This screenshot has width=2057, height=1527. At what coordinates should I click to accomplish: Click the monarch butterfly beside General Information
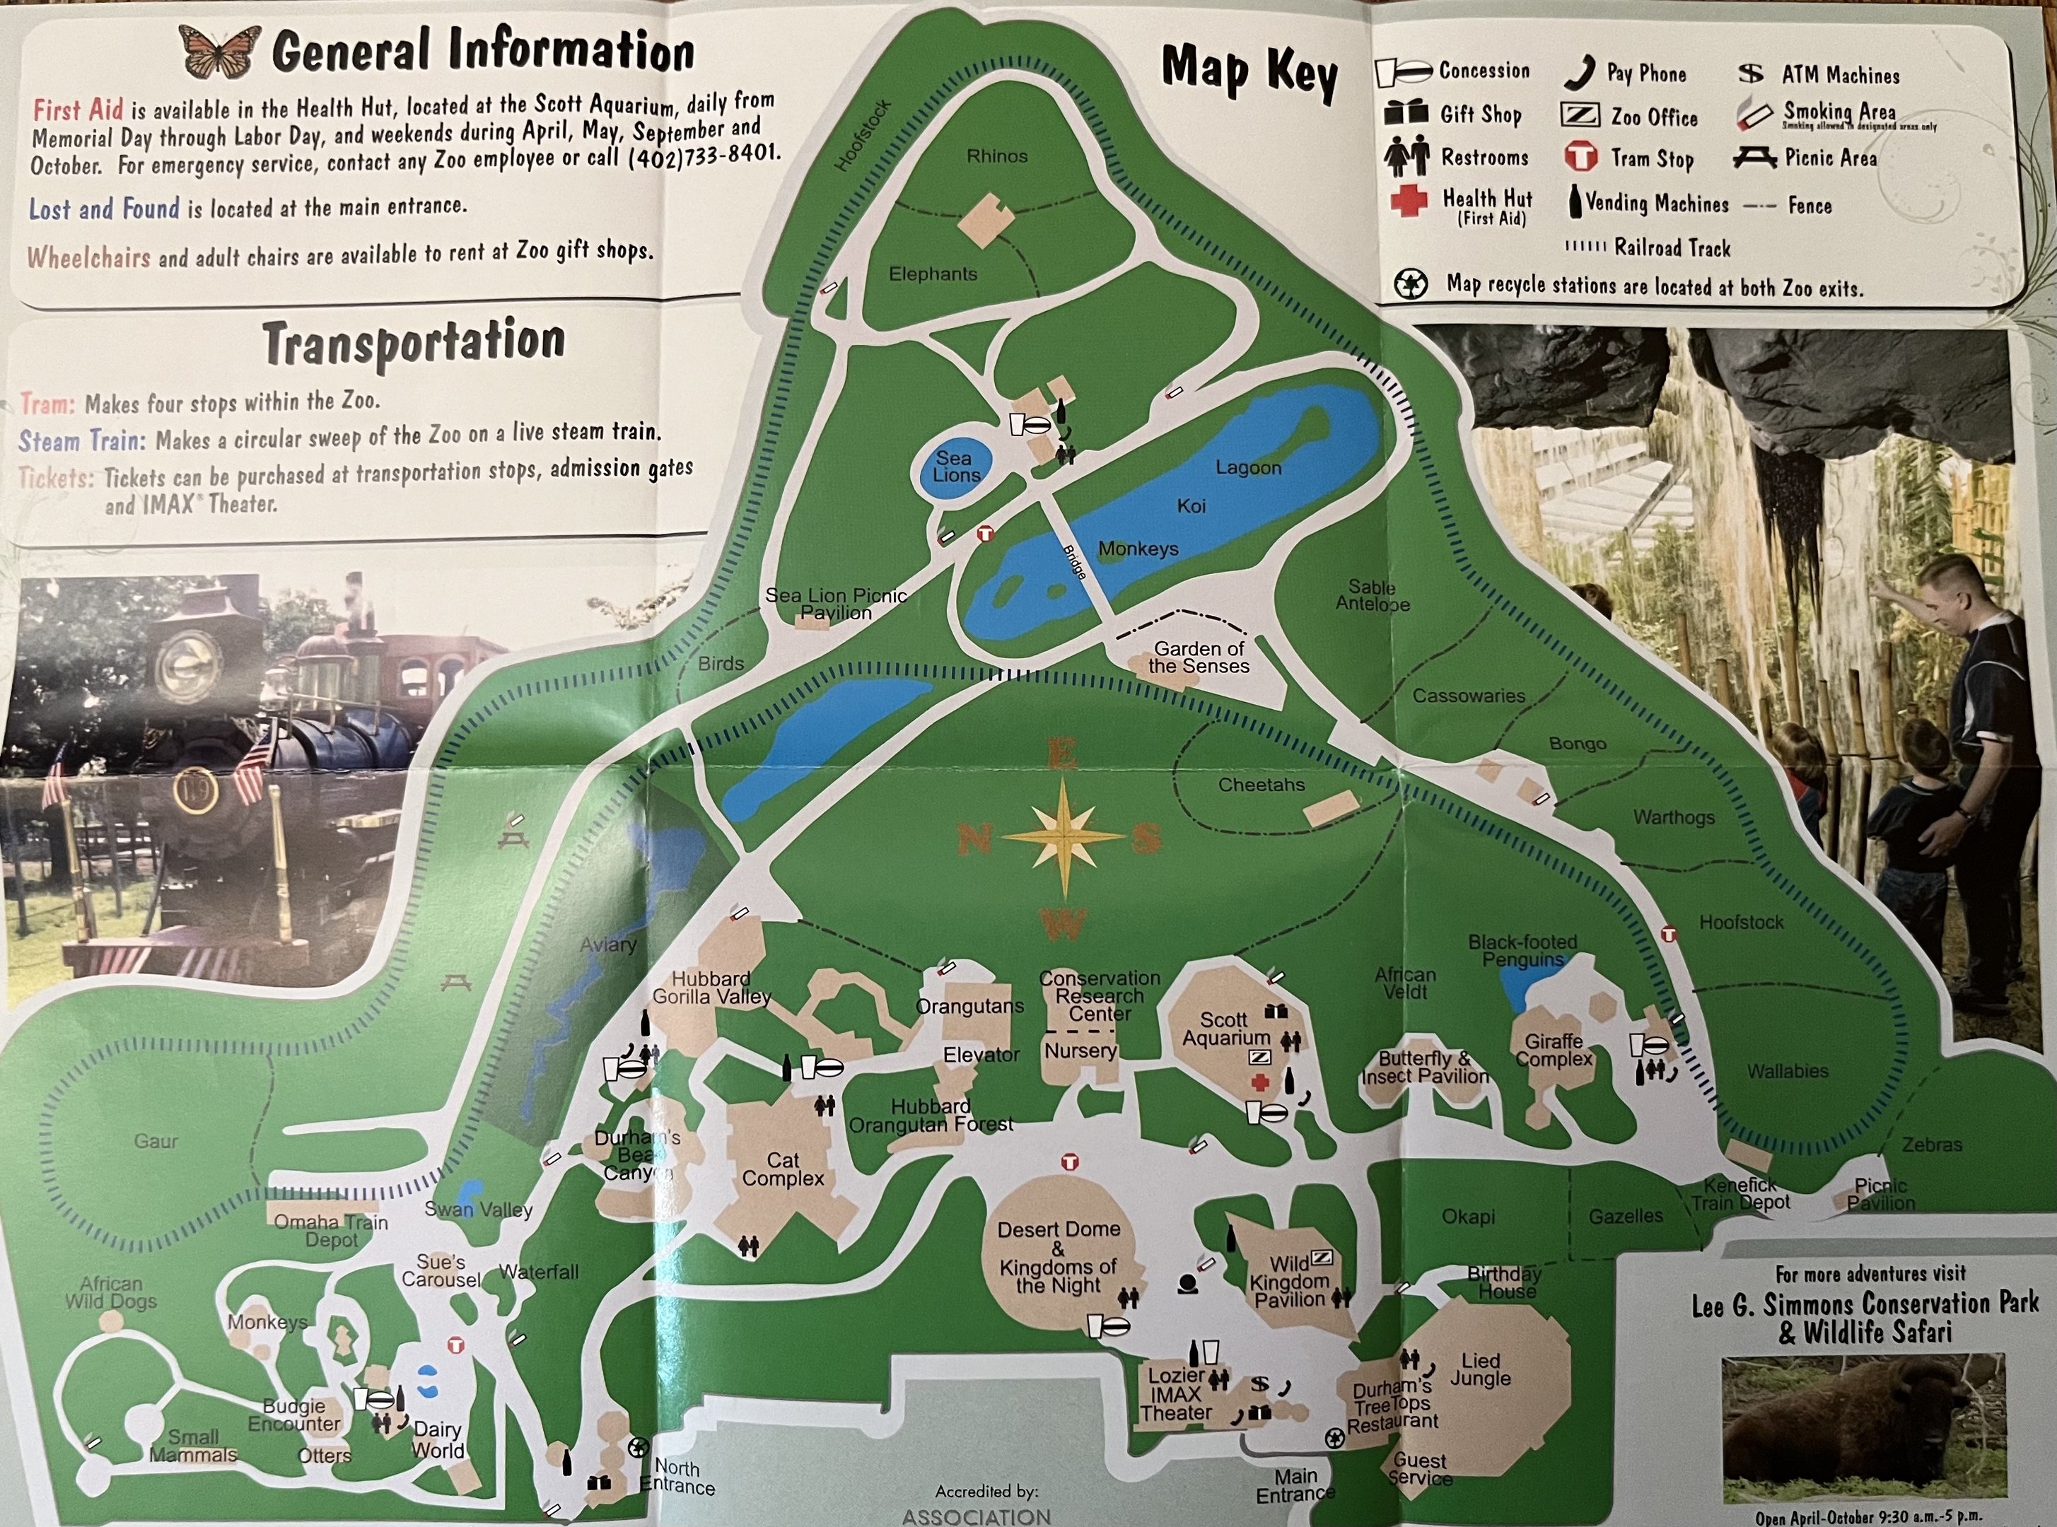click(220, 52)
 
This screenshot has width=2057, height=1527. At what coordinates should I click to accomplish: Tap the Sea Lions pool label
click(955, 467)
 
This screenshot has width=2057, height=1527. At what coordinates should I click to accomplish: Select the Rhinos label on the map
click(996, 156)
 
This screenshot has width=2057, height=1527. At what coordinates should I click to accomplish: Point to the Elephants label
click(933, 274)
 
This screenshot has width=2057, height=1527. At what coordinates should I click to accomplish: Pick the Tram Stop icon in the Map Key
click(1581, 157)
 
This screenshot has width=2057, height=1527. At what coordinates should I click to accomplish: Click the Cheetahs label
click(1261, 785)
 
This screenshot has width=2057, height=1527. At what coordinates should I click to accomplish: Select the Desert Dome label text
click(1059, 1229)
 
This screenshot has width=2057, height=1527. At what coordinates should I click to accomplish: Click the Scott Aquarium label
click(1225, 1028)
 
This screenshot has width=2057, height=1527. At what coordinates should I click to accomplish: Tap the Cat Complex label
click(782, 1169)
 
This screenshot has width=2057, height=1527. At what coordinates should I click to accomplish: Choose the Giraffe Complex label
click(1553, 1050)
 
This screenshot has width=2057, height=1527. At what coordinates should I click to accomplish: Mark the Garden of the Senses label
click(1198, 657)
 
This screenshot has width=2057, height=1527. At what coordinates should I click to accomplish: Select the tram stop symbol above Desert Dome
click(1070, 1162)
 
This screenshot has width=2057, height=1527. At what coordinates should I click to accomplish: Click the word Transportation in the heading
click(413, 343)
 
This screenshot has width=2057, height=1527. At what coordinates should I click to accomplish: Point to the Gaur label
click(156, 1140)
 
